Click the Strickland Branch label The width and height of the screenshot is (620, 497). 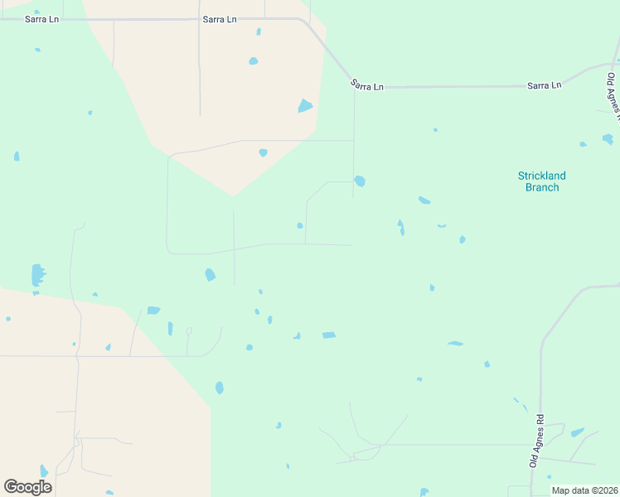point(541,181)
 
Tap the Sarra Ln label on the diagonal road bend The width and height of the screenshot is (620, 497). point(367,84)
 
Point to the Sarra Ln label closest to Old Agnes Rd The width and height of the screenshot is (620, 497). point(545,84)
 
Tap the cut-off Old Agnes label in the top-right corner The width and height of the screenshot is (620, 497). point(613,94)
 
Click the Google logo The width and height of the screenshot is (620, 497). point(28,487)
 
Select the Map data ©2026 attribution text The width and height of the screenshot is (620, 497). point(584,490)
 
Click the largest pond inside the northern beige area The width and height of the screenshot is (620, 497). point(305,106)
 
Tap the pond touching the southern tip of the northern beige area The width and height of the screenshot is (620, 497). point(263,152)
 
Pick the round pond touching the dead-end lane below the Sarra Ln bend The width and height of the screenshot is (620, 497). point(359,181)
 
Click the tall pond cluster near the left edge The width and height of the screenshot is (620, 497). point(37,275)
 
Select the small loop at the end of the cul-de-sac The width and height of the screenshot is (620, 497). point(189,331)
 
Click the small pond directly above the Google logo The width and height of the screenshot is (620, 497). point(43,470)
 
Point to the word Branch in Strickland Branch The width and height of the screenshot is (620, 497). point(542,187)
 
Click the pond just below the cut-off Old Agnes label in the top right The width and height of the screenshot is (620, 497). point(608,138)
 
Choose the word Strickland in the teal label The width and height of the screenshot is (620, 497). point(541,176)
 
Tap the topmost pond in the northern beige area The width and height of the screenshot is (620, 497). point(259,31)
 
